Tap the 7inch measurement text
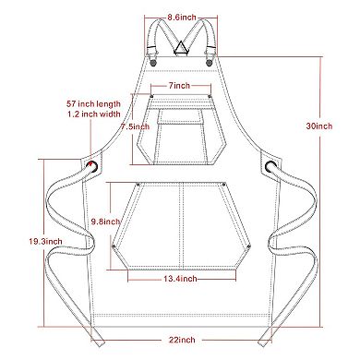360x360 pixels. pos(180,85)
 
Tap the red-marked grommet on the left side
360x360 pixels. pos(93,166)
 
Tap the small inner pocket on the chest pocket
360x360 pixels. pos(181,117)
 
